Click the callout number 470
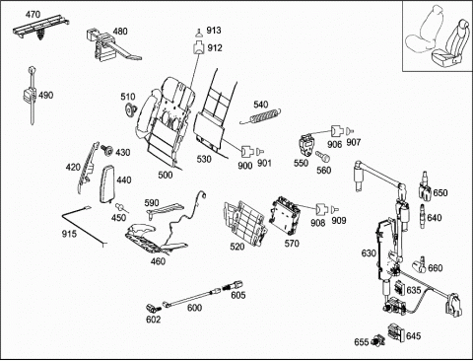(33, 15)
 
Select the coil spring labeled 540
(261, 116)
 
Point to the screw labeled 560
(322, 156)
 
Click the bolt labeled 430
(106, 150)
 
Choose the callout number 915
(69, 234)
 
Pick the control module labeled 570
(285, 216)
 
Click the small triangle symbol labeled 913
(199, 33)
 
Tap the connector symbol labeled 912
(198, 47)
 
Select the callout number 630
(369, 253)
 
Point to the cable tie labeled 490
(32, 95)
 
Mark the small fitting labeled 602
(153, 308)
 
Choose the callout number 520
(237, 247)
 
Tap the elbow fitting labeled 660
(419, 264)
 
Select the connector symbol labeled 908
(322, 209)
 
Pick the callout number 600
(194, 308)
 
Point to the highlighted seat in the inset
(449, 45)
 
